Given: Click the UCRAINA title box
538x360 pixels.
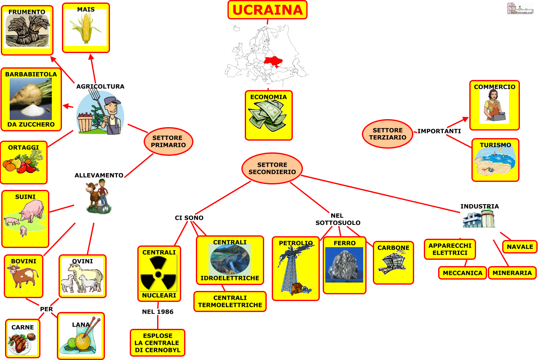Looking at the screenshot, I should pyautogui.click(x=267, y=10).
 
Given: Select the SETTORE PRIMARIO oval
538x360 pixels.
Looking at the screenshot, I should pyautogui.click(x=168, y=141).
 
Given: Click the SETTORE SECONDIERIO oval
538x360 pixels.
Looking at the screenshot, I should pyautogui.click(x=272, y=168).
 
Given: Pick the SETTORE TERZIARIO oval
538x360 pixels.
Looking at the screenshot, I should pyautogui.click(x=387, y=134).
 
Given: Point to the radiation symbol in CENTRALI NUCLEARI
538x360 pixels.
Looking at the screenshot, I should pyautogui.click(x=158, y=274).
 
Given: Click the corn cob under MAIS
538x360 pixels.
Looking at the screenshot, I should pyautogui.click(x=86, y=28).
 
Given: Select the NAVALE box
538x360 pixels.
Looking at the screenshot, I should pyautogui.click(x=519, y=247).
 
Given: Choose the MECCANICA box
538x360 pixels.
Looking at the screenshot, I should pyautogui.click(x=462, y=273).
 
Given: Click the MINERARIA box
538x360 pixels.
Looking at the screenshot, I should pyautogui.click(x=512, y=273).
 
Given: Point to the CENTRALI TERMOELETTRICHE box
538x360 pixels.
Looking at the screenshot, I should pyautogui.click(x=230, y=301).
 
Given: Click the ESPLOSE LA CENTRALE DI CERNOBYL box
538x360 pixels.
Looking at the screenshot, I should pyautogui.click(x=157, y=343).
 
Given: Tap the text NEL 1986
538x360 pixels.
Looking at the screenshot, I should pyautogui.click(x=158, y=312).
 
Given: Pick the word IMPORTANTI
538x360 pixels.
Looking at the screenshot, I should pyautogui.click(x=439, y=131).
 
